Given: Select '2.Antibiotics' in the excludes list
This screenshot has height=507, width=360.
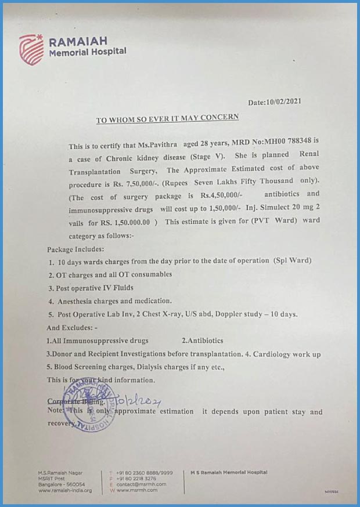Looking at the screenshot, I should pyautogui.click(x=202, y=341).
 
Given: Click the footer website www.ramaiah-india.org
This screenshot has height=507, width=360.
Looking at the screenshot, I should pyautogui.click(x=64, y=491).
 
